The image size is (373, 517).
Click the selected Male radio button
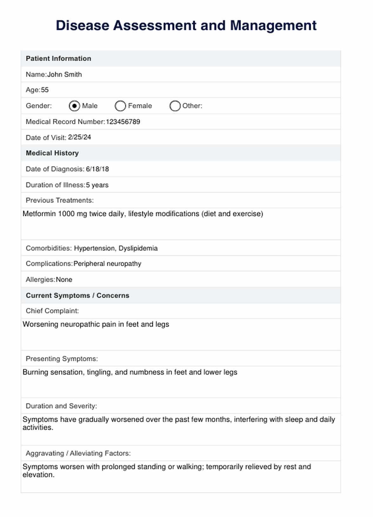(x=74, y=106)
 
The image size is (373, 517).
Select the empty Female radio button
(x=120, y=106)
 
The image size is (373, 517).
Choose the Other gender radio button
(x=175, y=106)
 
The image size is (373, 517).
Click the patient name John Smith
(x=64, y=75)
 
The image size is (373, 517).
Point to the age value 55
(x=45, y=90)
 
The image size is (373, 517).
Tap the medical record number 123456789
(x=123, y=122)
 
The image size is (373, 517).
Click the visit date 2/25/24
(x=79, y=137)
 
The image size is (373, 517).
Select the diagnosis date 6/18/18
(x=97, y=169)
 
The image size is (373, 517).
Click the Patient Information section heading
(x=58, y=59)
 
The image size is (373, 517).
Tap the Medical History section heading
(x=52, y=153)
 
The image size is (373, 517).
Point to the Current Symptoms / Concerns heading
(x=77, y=296)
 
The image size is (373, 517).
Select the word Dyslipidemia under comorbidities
(x=138, y=248)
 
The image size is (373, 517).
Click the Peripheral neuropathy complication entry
(x=107, y=264)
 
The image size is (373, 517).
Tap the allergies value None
(x=64, y=280)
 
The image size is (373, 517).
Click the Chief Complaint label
(x=52, y=311)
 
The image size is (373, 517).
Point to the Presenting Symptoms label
(x=62, y=359)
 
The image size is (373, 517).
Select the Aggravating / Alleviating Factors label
(x=78, y=454)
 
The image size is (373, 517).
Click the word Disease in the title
(x=82, y=26)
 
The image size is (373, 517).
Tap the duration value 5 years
(x=97, y=185)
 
